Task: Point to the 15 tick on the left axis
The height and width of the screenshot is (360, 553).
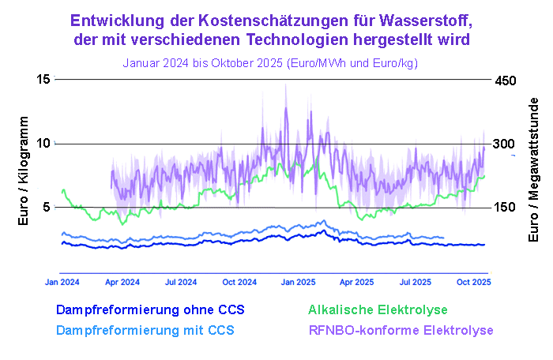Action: tap(43, 79)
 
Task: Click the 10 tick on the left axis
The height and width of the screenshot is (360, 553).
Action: tap(43, 143)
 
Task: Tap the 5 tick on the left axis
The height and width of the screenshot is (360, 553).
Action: tap(46, 207)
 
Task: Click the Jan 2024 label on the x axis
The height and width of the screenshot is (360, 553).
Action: tap(62, 282)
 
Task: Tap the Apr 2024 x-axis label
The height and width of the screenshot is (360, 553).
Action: tap(122, 282)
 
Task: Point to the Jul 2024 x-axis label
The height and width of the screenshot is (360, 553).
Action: tap(181, 282)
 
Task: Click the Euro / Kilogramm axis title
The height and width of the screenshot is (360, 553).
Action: tap(24, 171)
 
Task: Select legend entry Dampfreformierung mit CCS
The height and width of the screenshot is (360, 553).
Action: tap(145, 329)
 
